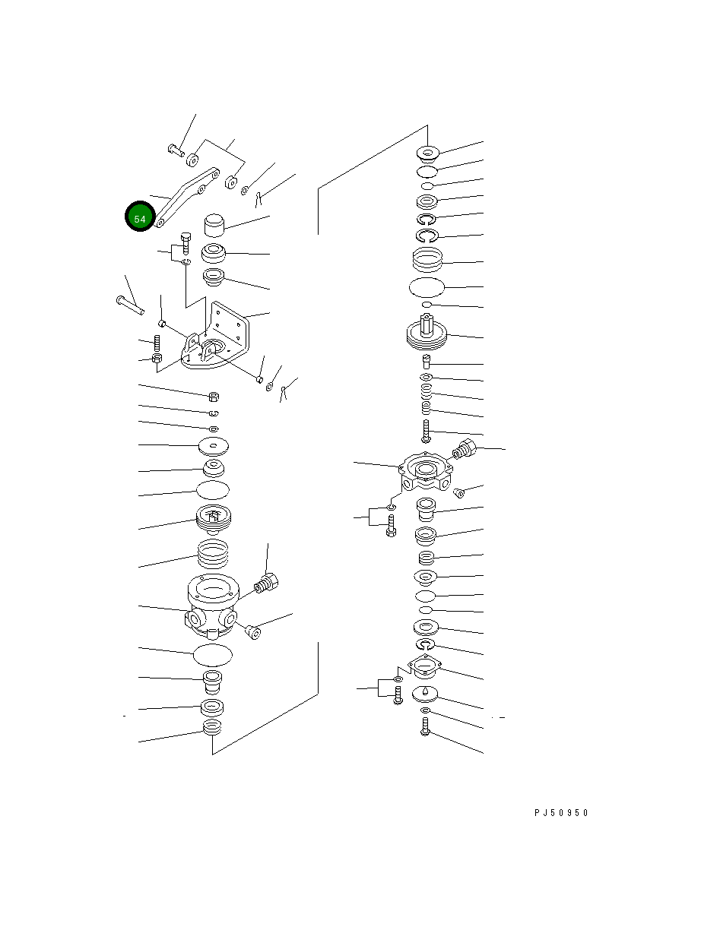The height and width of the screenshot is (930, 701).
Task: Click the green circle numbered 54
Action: click(140, 216)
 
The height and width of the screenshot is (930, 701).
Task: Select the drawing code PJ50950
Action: click(561, 813)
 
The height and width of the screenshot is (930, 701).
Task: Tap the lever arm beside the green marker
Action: click(187, 197)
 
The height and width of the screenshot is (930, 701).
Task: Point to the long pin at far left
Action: click(130, 305)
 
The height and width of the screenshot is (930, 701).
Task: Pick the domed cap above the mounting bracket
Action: click(214, 225)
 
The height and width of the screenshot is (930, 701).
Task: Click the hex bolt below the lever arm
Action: click(186, 243)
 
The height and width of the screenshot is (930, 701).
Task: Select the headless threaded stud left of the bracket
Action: click(157, 343)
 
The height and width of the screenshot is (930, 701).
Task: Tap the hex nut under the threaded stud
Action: click(157, 359)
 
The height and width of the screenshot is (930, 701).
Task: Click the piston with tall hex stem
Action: click(427, 333)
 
